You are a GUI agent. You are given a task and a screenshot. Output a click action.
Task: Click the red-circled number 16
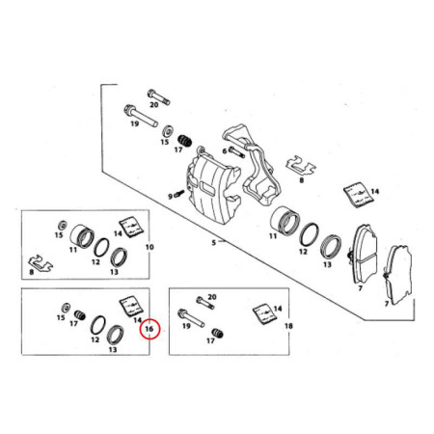pos(149,329)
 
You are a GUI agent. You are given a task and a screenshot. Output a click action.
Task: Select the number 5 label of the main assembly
pos(214,242)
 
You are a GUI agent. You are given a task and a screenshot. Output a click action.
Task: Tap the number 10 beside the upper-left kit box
pos(149,247)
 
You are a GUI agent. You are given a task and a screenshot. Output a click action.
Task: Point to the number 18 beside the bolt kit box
pos(288,326)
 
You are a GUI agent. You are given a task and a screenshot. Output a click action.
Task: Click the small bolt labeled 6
pos(237,152)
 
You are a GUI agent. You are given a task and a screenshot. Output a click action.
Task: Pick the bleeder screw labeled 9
pos(178,194)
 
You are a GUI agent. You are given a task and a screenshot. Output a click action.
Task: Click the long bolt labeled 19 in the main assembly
pos(141,115)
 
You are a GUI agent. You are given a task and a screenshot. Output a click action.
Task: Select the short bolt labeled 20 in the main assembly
pos(158,96)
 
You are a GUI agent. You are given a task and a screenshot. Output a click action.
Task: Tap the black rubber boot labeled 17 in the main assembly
pos(185,141)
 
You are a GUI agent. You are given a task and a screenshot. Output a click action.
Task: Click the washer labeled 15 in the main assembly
pos(168,131)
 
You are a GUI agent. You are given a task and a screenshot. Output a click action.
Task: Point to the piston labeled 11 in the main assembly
pos(285,220)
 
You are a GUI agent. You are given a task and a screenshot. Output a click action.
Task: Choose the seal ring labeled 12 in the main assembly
pos(309,235)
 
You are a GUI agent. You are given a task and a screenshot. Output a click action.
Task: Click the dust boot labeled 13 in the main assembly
pos(331,248)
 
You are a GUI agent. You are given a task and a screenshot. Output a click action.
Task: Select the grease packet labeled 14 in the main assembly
pos(359,195)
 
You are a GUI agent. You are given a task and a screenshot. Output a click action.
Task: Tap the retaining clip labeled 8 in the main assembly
pos(301,166)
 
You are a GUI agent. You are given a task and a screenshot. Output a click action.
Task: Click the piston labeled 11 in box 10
pos(82,236)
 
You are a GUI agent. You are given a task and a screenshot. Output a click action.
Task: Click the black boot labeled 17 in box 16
pos(80,315)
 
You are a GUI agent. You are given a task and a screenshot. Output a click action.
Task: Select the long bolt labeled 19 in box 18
pos(191,318)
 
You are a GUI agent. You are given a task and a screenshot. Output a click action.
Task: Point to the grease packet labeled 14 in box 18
pos(265,314)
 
